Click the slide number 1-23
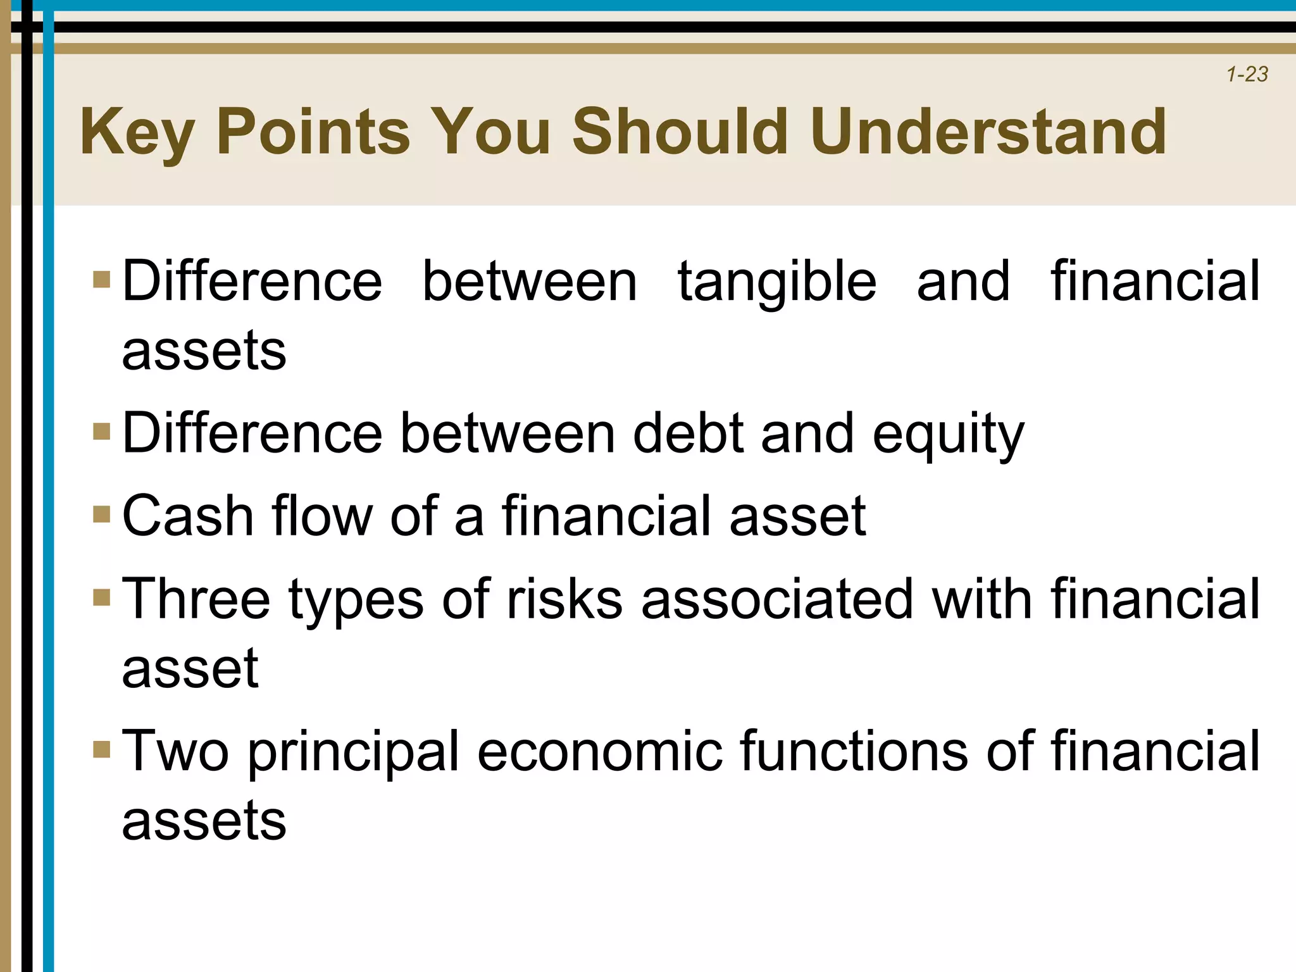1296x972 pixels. pyautogui.click(x=1247, y=75)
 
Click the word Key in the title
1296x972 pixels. pyautogui.click(x=136, y=132)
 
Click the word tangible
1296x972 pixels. pyautogui.click(x=777, y=282)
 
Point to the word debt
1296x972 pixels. pyautogui.click(x=688, y=433)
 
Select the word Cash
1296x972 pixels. pyautogui.click(x=187, y=516)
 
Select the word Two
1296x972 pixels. pyautogui.click(x=175, y=751)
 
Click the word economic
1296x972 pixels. pyautogui.click(x=599, y=751)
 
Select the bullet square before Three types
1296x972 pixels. pyautogui.click(x=101, y=597)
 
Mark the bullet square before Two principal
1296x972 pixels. pyautogui.click(x=101, y=749)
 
